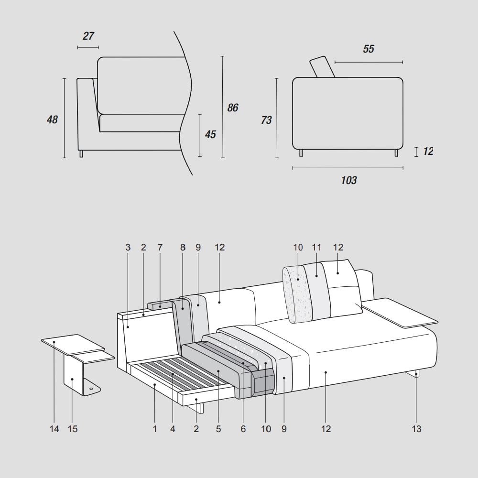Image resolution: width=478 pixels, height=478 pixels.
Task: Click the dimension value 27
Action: click(x=88, y=36)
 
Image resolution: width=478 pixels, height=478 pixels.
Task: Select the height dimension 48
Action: click(x=52, y=119)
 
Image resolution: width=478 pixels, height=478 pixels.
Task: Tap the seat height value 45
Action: click(x=210, y=134)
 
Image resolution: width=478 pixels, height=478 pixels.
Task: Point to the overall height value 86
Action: click(x=233, y=108)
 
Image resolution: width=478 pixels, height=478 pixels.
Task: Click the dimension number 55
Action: click(x=369, y=49)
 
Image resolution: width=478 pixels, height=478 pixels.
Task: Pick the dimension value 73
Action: click(x=266, y=120)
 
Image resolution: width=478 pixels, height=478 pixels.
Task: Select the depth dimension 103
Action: click(x=349, y=180)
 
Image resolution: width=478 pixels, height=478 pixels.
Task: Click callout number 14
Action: click(x=54, y=429)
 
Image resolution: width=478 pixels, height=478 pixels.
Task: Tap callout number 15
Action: click(x=73, y=429)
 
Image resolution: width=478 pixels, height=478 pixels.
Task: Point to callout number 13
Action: click(x=417, y=429)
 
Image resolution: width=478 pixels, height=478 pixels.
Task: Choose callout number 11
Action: click(x=316, y=247)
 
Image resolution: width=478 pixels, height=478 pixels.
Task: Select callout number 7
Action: click(x=160, y=247)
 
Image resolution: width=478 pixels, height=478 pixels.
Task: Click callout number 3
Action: click(x=128, y=247)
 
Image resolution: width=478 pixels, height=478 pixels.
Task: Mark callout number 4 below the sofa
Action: click(x=173, y=429)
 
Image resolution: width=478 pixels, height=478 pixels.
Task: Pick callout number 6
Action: click(x=243, y=429)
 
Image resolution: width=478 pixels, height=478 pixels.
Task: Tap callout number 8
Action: click(x=183, y=247)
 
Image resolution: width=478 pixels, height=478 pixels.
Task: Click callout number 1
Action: click(x=155, y=429)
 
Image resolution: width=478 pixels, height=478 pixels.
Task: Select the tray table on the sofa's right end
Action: click(x=402, y=313)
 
